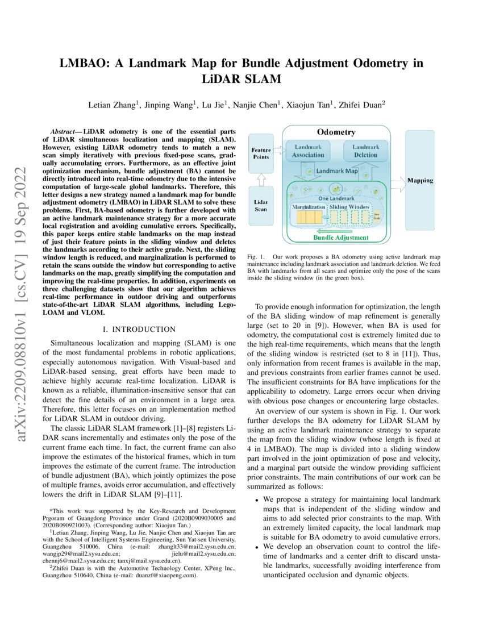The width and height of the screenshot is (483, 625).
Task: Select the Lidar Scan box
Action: pos(261,205)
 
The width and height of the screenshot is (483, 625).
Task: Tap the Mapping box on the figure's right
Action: pos(420,180)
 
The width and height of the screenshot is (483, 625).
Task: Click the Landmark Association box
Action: pos(308,151)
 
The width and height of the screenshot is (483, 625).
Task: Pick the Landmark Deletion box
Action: pos(365,151)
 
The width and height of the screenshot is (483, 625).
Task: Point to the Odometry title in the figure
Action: pos(336,132)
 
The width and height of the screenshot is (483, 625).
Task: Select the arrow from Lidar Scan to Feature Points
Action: pos(261,178)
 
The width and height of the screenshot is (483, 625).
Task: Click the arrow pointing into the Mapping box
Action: pos(397,180)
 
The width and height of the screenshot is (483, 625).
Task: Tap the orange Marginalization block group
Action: pos(307,217)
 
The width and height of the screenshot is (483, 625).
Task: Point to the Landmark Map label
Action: pos(336,170)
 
